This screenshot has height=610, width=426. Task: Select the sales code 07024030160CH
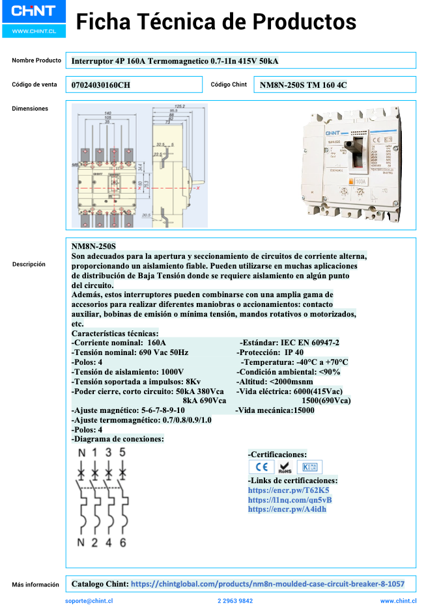pyautogui.click(x=101, y=85)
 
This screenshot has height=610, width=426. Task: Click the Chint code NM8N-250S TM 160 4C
pyautogui.click(x=304, y=85)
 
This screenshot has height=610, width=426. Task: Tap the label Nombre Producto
pyautogui.click(x=36, y=60)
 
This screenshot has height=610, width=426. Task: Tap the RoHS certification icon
pyautogui.click(x=284, y=467)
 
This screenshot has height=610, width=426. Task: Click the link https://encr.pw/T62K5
pyautogui.click(x=289, y=490)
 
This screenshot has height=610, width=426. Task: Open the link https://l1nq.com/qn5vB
pyautogui.click(x=290, y=500)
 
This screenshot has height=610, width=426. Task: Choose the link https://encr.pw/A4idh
pyautogui.click(x=287, y=509)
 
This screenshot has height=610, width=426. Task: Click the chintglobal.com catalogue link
pyautogui.click(x=267, y=584)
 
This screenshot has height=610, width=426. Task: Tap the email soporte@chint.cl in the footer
pyautogui.click(x=89, y=602)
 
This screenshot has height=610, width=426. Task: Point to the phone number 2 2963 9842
pyautogui.click(x=235, y=602)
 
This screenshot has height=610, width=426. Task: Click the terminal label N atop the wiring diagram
pyautogui.click(x=81, y=453)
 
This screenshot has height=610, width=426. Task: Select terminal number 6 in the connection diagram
pyautogui.click(x=123, y=543)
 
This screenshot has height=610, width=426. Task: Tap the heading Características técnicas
pyautogui.click(x=114, y=333)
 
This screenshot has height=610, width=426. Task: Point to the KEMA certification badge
pyautogui.click(x=309, y=467)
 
